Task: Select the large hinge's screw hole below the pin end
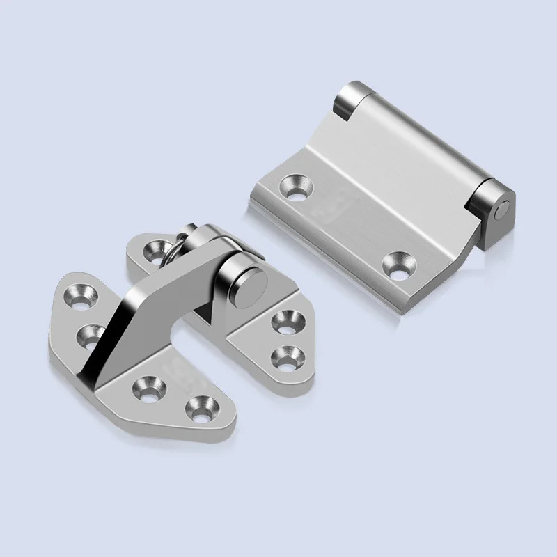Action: pos(400,265)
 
